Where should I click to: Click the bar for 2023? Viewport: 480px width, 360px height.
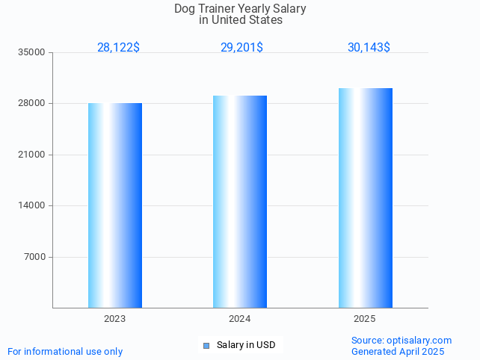pyautogui.click(x=115, y=205)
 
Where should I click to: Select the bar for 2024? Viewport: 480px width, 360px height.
pyautogui.click(x=240, y=202)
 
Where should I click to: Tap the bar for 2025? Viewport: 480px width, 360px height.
pyautogui.click(x=365, y=198)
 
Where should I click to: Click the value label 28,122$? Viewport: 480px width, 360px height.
pyautogui.click(x=118, y=48)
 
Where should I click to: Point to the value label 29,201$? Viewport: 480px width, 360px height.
pyautogui.click(x=241, y=48)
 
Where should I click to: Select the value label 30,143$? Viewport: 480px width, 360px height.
pyautogui.click(x=369, y=48)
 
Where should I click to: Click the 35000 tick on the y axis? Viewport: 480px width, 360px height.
pyautogui.click(x=32, y=53)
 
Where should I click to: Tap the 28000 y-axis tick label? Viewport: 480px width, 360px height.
pyautogui.click(x=32, y=104)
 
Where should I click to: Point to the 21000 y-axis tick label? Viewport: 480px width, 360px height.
pyautogui.click(x=32, y=155)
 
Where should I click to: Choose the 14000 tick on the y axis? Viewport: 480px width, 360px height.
pyautogui.click(x=32, y=206)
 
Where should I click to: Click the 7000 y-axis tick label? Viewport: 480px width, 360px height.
pyautogui.click(x=34, y=257)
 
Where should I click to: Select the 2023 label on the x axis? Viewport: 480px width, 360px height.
pyautogui.click(x=115, y=319)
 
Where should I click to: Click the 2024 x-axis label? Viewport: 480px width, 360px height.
pyautogui.click(x=240, y=319)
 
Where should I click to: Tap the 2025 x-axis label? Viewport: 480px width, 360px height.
pyautogui.click(x=365, y=319)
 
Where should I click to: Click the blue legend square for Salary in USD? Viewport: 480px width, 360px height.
pyautogui.click(x=206, y=345)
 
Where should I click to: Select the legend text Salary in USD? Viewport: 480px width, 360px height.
pyautogui.click(x=246, y=345)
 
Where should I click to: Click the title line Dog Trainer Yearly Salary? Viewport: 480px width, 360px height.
pyautogui.click(x=240, y=9)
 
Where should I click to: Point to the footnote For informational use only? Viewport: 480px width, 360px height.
pyautogui.click(x=65, y=352)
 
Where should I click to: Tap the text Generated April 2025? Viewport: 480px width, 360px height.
pyautogui.click(x=398, y=352)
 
